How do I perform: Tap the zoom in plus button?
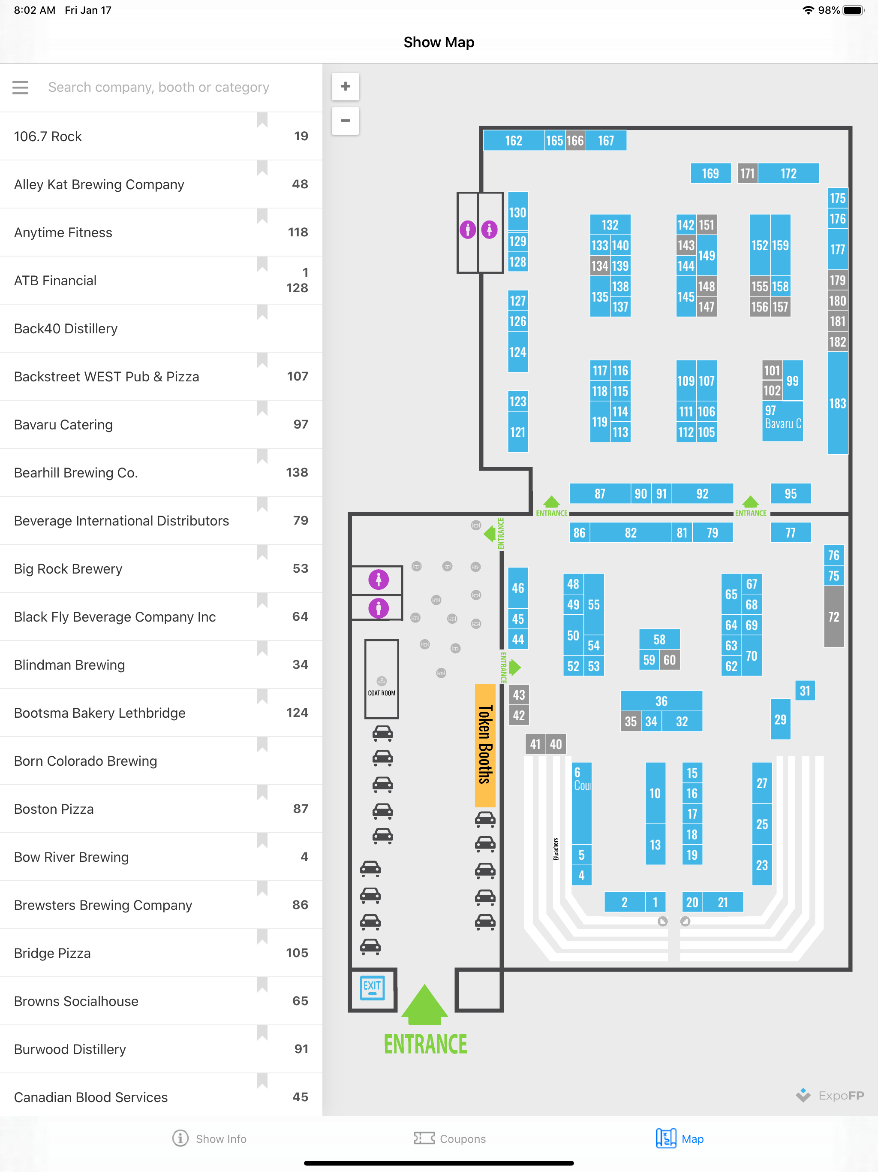click(x=345, y=86)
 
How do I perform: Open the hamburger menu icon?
click(x=20, y=88)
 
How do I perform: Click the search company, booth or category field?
click(x=159, y=88)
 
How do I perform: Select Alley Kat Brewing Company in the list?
click(x=99, y=184)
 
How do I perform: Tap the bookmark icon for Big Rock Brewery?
click(x=262, y=552)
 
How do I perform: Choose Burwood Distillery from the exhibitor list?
click(x=70, y=1049)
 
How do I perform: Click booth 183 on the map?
click(x=838, y=403)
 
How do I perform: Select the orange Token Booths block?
click(x=485, y=745)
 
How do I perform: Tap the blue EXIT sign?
click(x=372, y=988)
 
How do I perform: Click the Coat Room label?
click(x=381, y=693)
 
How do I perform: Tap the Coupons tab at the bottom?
click(x=450, y=1139)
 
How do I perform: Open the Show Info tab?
click(x=210, y=1139)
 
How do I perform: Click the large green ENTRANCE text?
click(x=426, y=1044)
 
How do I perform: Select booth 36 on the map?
click(x=662, y=701)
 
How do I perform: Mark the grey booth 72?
click(x=833, y=617)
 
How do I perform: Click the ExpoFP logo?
click(x=830, y=1095)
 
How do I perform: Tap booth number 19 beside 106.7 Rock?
click(x=301, y=136)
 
